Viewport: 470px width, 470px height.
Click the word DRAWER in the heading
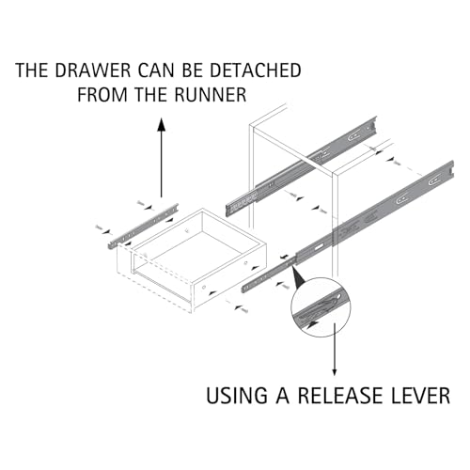[93, 70]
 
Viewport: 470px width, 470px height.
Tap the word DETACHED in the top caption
[256, 70]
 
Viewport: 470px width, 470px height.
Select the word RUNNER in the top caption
[211, 94]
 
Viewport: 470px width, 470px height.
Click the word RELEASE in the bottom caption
[338, 396]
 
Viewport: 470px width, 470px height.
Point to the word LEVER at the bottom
[417, 396]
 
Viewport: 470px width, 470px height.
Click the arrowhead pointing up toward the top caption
[162, 124]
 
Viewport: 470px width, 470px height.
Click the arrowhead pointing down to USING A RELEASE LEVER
[335, 372]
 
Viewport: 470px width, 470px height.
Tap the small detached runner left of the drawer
[143, 227]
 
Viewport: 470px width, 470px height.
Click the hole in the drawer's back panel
[187, 231]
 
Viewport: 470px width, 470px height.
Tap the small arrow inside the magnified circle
[313, 324]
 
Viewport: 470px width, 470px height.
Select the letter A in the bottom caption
[283, 396]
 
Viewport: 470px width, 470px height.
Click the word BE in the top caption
[192, 70]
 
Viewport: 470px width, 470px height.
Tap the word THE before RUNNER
[150, 94]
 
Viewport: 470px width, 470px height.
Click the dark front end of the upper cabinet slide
[242, 205]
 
